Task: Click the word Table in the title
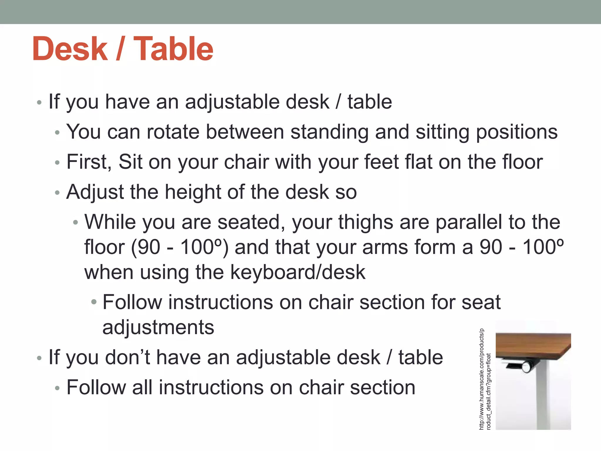(173, 49)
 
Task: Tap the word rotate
(173, 132)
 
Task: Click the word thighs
(365, 223)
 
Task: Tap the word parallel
(469, 222)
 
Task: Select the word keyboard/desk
(298, 272)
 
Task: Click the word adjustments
(158, 328)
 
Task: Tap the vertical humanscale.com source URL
(485, 379)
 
